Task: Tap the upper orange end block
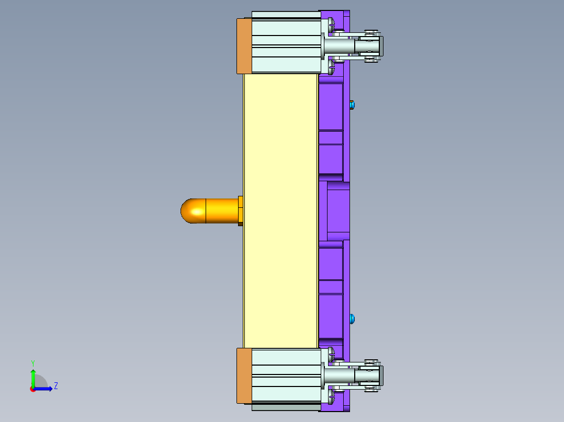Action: click(x=244, y=46)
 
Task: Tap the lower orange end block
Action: click(x=244, y=376)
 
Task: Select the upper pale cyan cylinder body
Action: click(x=286, y=46)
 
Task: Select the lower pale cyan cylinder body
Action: click(x=286, y=376)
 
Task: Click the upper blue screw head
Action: click(x=352, y=105)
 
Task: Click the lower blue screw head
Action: click(x=352, y=318)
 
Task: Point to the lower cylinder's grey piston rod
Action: click(x=339, y=375)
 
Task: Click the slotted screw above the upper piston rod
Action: click(x=331, y=24)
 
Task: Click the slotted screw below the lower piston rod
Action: click(x=331, y=398)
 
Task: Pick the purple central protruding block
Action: click(x=338, y=211)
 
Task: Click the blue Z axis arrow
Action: click(x=44, y=389)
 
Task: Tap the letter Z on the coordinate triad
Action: click(x=55, y=386)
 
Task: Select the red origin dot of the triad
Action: click(x=32, y=389)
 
